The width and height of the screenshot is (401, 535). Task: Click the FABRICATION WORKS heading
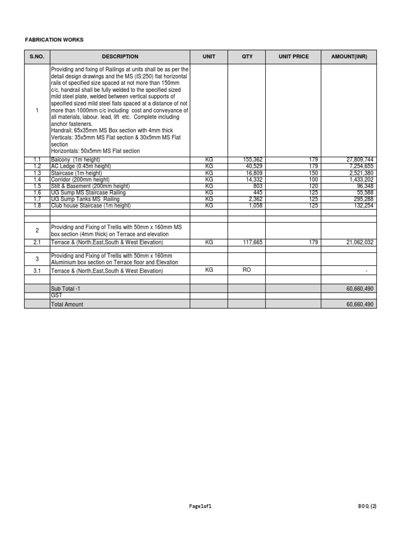tap(54, 40)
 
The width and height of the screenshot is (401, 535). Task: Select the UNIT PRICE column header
tap(293, 56)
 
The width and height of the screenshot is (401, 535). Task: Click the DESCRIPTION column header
tap(120, 56)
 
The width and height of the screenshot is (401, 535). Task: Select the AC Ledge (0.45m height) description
tap(81, 166)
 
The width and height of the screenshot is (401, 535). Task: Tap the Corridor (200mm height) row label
tap(80, 179)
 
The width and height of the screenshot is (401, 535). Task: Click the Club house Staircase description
tap(90, 206)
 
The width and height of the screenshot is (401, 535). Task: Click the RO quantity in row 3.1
tap(247, 270)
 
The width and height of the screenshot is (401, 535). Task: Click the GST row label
tap(56, 295)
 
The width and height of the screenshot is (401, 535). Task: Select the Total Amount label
tap(67, 304)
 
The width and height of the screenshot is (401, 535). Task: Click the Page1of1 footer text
tap(200, 506)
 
